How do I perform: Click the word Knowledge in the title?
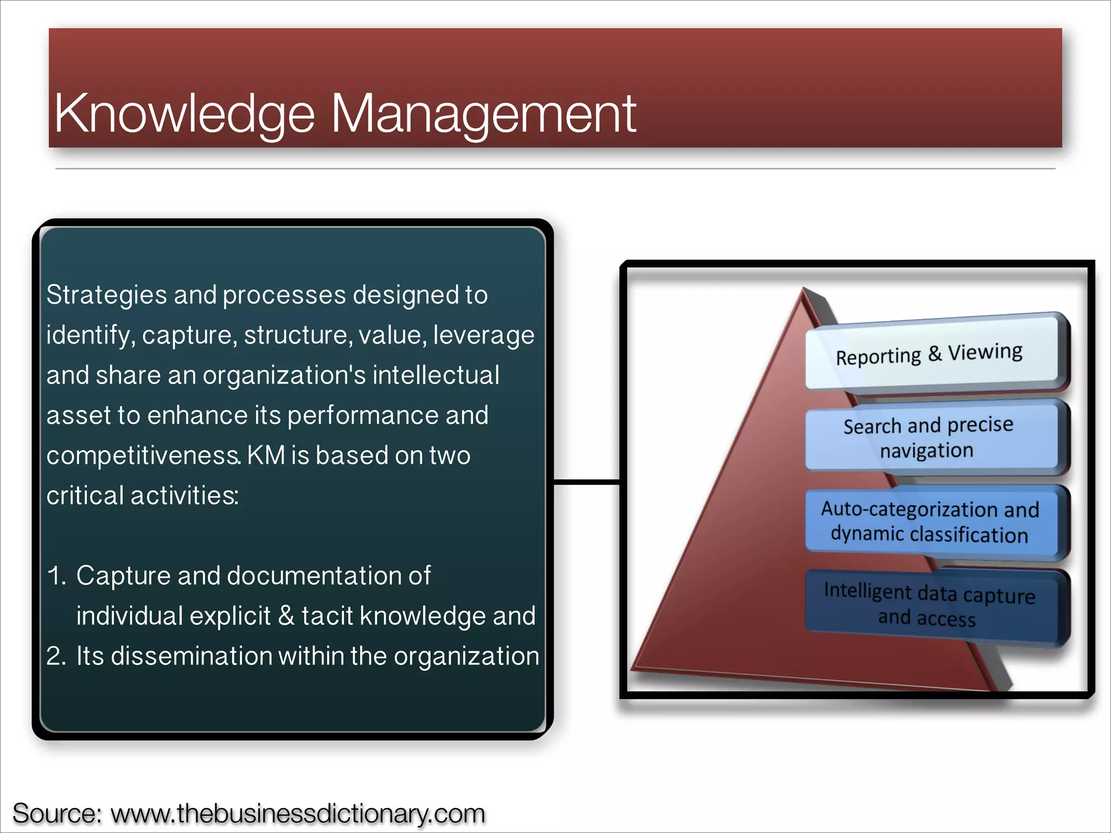pyautogui.click(x=184, y=114)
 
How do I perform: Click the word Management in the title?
pyautogui.click(x=483, y=114)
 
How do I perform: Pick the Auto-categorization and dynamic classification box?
pyautogui.click(x=930, y=522)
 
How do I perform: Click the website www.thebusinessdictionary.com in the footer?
pyautogui.click(x=297, y=813)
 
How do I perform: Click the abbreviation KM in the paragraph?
pyautogui.click(x=266, y=456)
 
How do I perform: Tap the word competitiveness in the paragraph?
pyautogui.click(x=143, y=456)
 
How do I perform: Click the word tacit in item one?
pyautogui.click(x=328, y=616)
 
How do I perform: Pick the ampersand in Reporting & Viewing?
pyautogui.click(x=934, y=354)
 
